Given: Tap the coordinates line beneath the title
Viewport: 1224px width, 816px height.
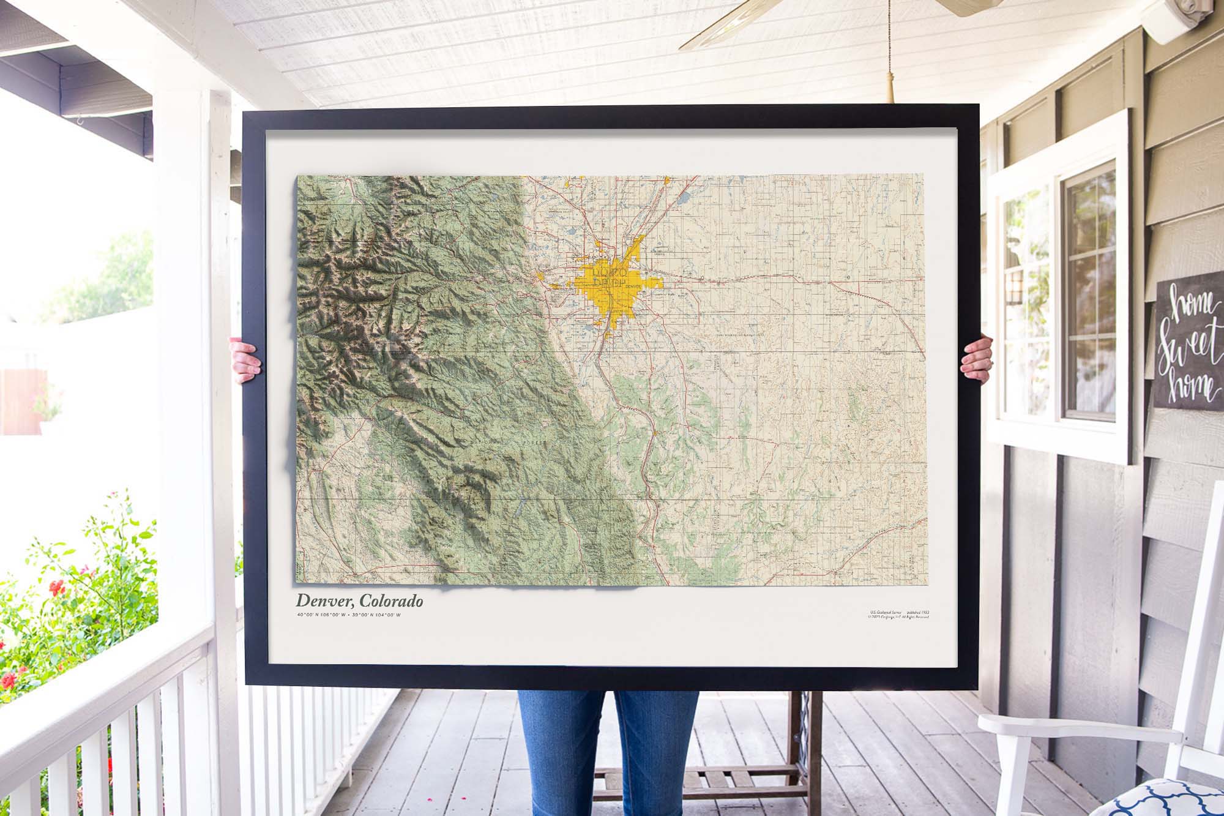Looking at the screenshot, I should (349, 614).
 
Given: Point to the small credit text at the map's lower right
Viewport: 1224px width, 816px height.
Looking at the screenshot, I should (902, 614).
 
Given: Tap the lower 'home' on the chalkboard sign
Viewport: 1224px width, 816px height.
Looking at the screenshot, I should (1187, 386).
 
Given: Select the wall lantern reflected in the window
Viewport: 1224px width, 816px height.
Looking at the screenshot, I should (1017, 288).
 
